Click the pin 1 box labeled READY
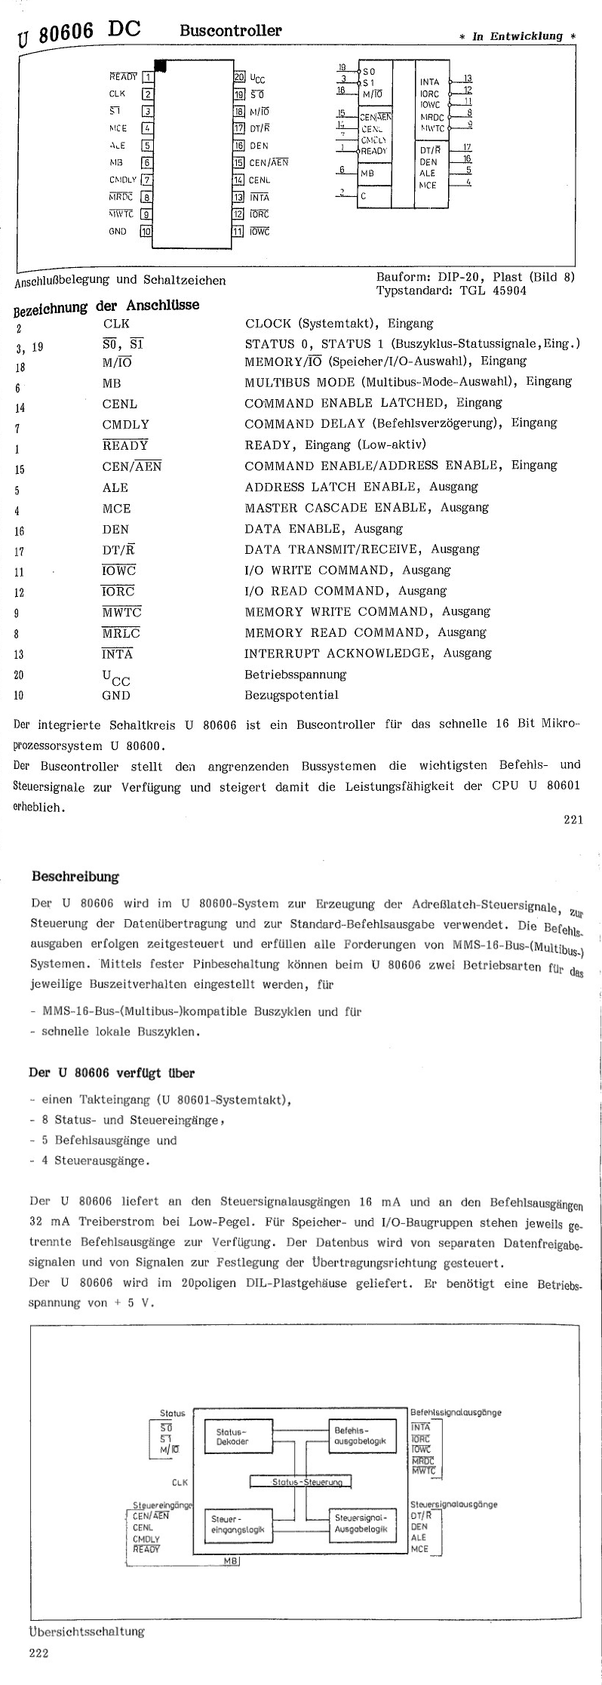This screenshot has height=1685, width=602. pyautogui.click(x=149, y=76)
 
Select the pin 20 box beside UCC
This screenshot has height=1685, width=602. pyautogui.click(x=238, y=77)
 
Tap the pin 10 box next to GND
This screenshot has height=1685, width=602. pyautogui.click(x=146, y=232)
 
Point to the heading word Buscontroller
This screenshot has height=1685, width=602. pyautogui.click(x=230, y=31)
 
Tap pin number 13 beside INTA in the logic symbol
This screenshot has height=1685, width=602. pyautogui.click(x=468, y=78)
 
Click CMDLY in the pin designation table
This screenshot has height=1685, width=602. pyautogui.click(x=126, y=424)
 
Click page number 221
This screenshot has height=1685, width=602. pyautogui.click(x=573, y=821)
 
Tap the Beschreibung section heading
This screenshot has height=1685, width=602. pyautogui.click(x=75, y=877)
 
